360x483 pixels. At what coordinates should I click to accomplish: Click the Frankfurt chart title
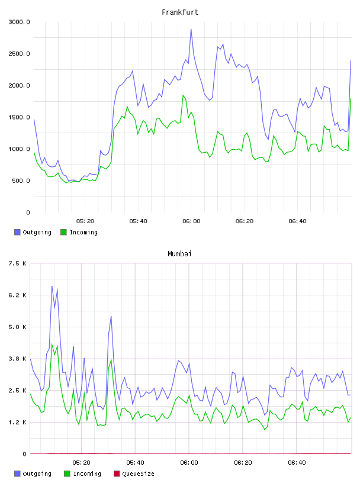point(180,12)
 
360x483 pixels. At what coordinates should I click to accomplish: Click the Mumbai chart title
point(179,254)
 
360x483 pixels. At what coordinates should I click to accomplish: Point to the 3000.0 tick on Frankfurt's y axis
point(19,22)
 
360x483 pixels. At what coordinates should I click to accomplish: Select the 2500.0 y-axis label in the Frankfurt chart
point(19,54)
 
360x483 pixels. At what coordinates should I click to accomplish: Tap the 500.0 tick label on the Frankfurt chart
point(21,181)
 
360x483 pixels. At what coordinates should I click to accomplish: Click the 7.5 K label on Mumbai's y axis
point(17,263)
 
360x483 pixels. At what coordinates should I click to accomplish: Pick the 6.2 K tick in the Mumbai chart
point(17,295)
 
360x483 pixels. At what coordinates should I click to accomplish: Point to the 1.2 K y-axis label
point(17,422)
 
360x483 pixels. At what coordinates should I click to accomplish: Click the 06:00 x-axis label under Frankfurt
point(191,221)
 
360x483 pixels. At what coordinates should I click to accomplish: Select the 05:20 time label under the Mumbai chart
point(81,463)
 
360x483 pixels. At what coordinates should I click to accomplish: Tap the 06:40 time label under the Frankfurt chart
point(297,221)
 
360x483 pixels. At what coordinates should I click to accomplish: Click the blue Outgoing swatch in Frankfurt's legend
point(17,232)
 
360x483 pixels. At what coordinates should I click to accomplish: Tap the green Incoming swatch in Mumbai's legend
point(67,474)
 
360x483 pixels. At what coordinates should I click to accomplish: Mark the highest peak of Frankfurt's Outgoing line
point(191,30)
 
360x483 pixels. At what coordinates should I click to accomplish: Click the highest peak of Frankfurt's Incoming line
point(183,95)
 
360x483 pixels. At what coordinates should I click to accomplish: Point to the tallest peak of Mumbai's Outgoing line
point(52,286)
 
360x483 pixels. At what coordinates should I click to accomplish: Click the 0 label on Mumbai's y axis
point(24,454)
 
